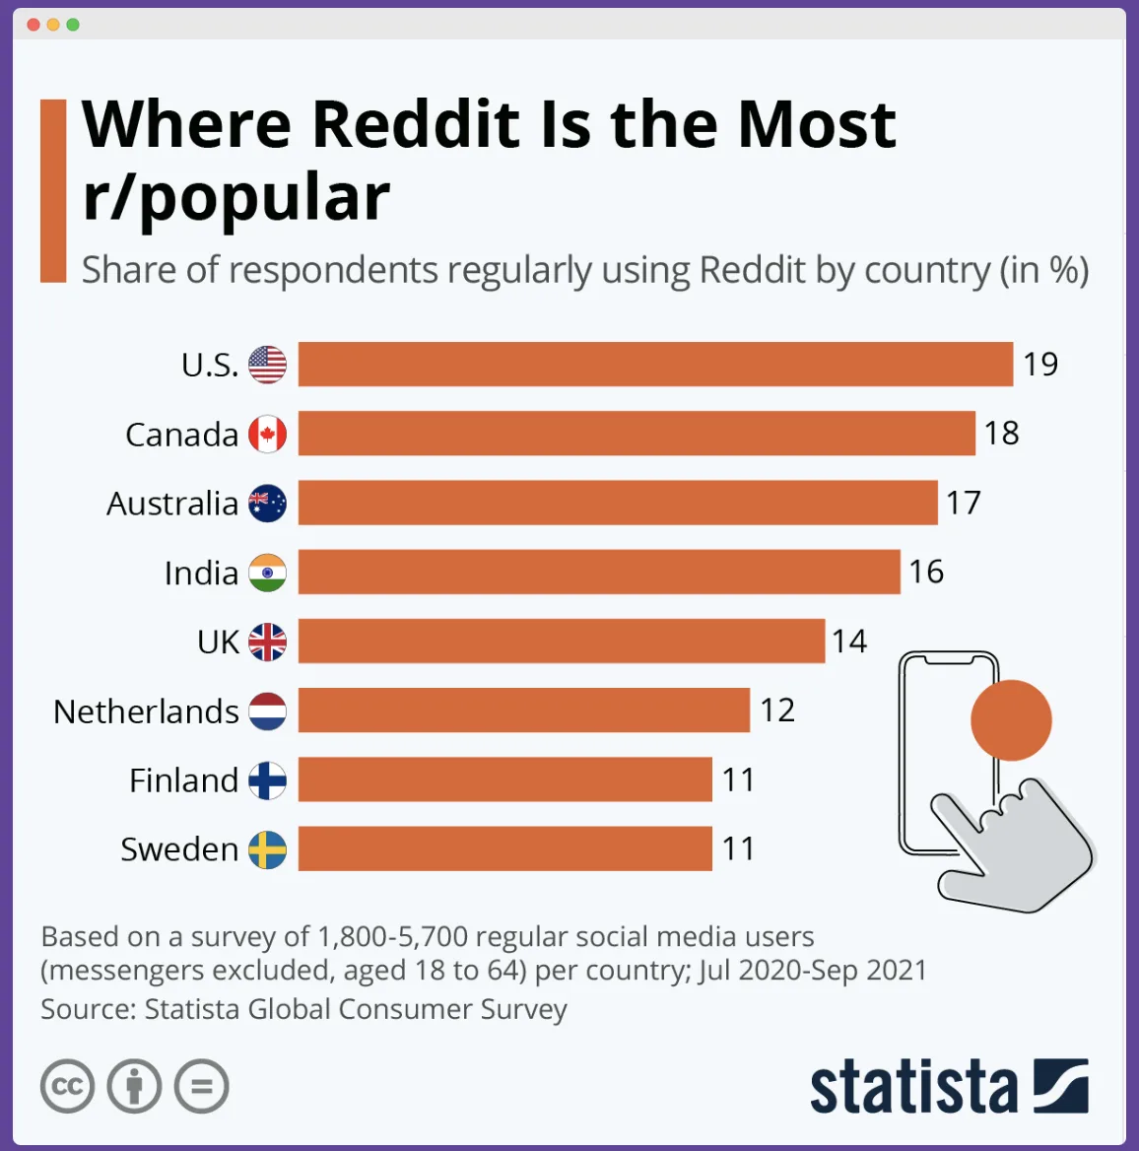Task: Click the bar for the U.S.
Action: [x=655, y=365]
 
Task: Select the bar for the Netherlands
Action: [x=523, y=711]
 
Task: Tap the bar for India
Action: [x=599, y=572]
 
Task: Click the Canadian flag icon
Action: [x=267, y=434]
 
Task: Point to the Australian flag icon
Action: [x=267, y=504]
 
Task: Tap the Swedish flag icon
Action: [x=267, y=849]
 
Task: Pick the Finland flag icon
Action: [x=267, y=780]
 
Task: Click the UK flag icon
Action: [x=267, y=642]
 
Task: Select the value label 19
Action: [x=1040, y=365]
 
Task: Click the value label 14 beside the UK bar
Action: [x=849, y=642]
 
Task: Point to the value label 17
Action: [x=964, y=504]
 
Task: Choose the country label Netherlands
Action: [x=146, y=711]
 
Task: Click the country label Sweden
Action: [x=179, y=849]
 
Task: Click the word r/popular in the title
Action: [x=236, y=198]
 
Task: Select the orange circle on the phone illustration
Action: [x=1011, y=720]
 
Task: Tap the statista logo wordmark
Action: [x=913, y=1087]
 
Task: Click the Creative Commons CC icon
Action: [x=67, y=1087]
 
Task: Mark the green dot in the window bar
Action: [x=73, y=25]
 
